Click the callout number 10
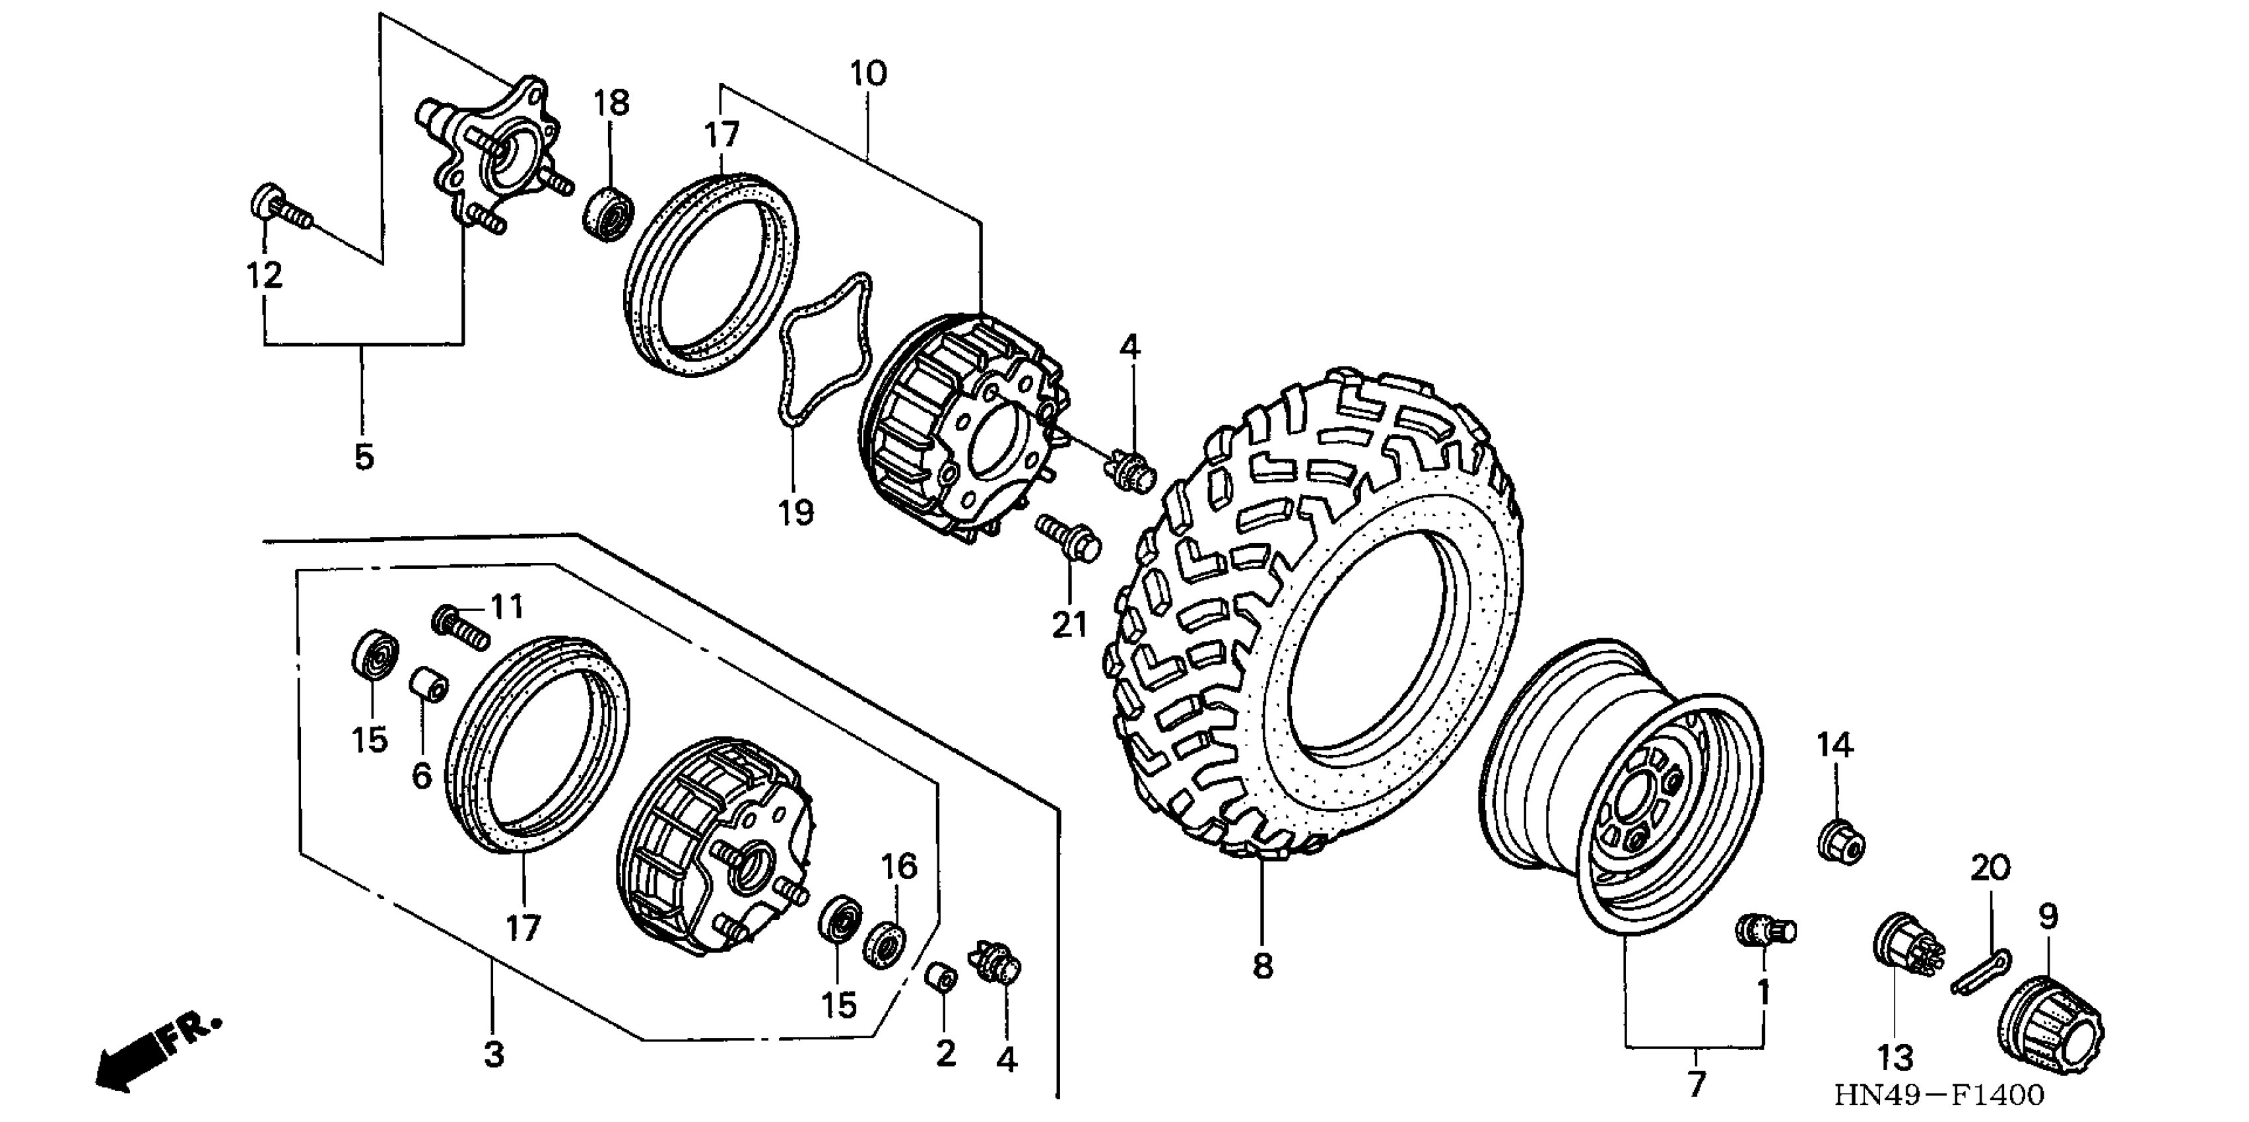(x=868, y=73)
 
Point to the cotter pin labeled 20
(x=1980, y=972)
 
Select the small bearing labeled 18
(x=609, y=211)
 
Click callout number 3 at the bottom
(x=494, y=1054)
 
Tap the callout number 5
(x=364, y=456)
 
